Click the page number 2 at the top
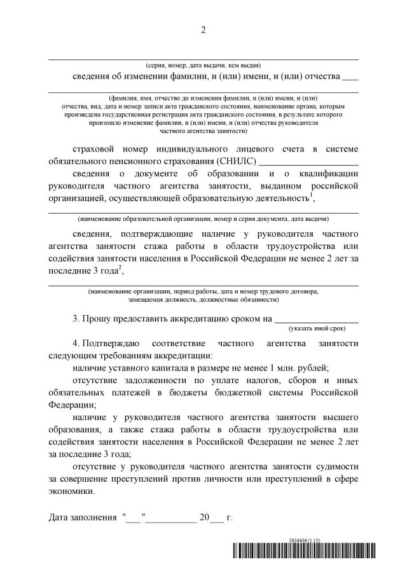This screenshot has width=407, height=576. point(203,29)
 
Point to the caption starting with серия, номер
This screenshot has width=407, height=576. point(203,66)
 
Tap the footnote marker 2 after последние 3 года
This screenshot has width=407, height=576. point(119,267)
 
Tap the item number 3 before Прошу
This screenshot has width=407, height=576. point(76,318)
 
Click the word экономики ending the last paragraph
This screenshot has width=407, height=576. point(71,491)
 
